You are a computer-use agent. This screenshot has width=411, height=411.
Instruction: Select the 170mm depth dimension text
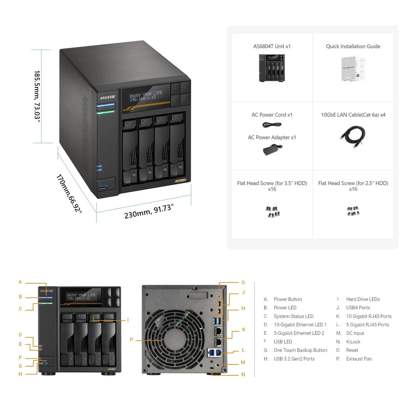click(x=69, y=193)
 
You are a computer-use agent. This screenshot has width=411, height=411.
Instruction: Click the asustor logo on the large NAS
click(x=107, y=97)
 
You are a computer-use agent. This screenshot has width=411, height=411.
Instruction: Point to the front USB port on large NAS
click(x=103, y=187)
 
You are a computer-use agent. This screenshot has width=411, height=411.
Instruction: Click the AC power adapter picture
click(x=272, y=150)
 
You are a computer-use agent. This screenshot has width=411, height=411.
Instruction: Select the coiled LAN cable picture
click(x=353, y=137)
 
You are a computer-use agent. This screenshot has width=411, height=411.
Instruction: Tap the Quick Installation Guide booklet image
click(x=353, y=69)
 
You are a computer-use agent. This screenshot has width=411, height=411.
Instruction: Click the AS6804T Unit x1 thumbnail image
click(x=272, y=68)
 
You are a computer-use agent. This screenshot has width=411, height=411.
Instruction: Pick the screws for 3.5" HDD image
click(x=273, y=212)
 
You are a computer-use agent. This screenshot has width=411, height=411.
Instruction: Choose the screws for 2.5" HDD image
click(x=353, y=211)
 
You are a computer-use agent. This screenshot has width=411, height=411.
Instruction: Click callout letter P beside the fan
click(x=132, y=339)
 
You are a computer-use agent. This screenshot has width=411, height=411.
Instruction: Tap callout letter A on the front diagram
click(x=20, y=282)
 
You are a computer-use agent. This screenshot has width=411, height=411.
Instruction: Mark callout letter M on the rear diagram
click(x=243, y=362)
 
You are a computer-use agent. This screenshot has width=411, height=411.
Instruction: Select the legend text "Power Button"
click(x=288, y=299)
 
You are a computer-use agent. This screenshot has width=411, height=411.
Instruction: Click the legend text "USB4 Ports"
click(x=358, y=308)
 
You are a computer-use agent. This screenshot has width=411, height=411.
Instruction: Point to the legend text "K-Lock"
click(x=353, y=342)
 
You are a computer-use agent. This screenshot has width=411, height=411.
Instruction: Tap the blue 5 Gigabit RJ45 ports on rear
click(x=215, y=352)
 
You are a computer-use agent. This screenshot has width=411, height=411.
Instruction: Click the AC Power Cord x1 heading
click(x=272, y=115)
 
